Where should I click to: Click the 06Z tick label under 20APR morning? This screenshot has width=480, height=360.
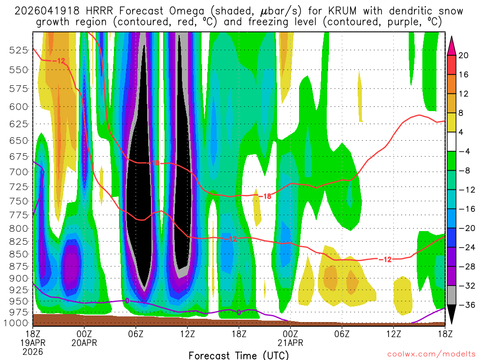tap(136, 334)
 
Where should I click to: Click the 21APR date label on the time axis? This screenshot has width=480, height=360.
tap(290, 343)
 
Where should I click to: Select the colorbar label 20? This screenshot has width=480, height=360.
tap(464, 55)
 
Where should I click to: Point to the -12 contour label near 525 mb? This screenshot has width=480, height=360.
tap(58, 60)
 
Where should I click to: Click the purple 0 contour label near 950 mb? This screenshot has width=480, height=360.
tap(126, 300)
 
